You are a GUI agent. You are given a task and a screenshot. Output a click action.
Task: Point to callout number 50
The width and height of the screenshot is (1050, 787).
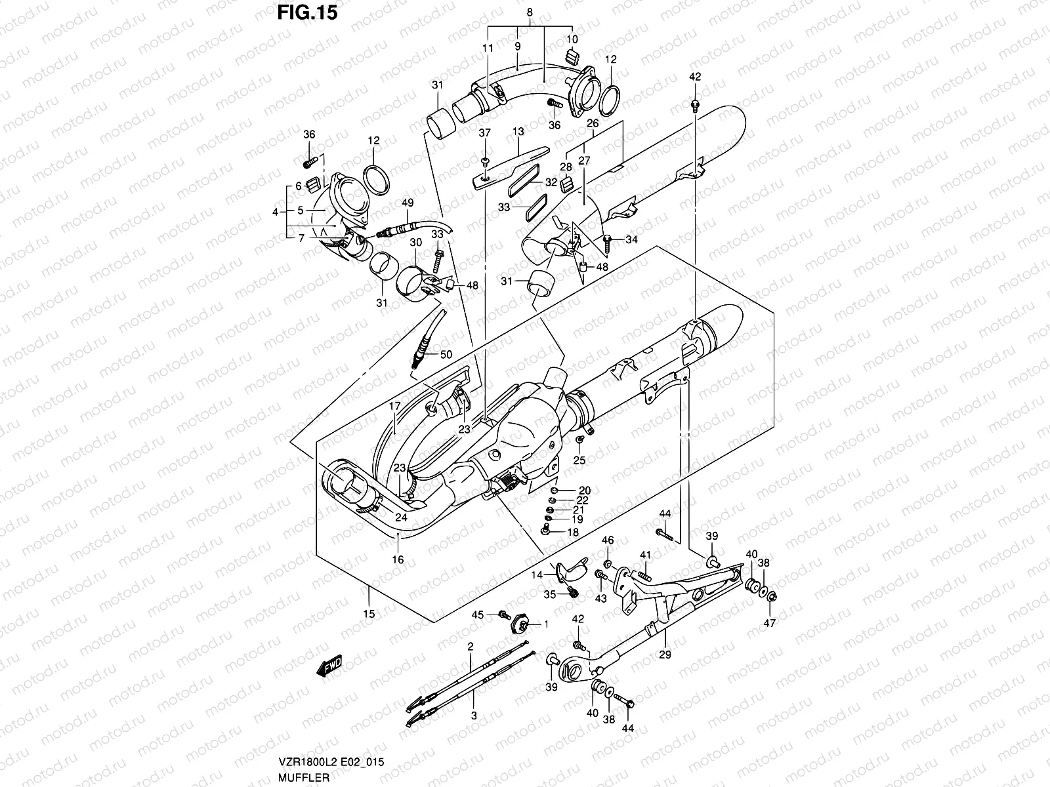[446, 355]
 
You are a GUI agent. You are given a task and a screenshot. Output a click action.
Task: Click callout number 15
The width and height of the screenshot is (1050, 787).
[369, 614]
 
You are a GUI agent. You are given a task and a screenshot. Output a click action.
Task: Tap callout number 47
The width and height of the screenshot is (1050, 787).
[770, 623]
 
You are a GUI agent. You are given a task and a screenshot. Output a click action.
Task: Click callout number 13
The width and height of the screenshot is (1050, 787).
[518, 132]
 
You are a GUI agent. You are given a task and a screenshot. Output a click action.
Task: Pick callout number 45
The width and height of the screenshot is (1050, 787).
[478, 615]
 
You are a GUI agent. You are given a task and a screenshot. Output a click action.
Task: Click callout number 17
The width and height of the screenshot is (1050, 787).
[394, 406]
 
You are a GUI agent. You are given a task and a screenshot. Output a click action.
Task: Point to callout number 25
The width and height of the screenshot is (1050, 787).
[579, 461]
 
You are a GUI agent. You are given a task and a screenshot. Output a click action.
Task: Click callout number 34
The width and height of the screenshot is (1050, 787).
[631, 240]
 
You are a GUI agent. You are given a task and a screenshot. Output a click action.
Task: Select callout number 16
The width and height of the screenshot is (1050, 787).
[398, 559]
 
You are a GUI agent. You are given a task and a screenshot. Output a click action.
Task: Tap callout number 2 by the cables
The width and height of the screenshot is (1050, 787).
[470, 647]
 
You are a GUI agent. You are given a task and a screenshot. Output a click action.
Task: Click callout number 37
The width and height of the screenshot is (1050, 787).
[484, 133]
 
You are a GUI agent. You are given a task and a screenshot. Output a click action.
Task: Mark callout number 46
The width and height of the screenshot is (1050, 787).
[608, 540]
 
